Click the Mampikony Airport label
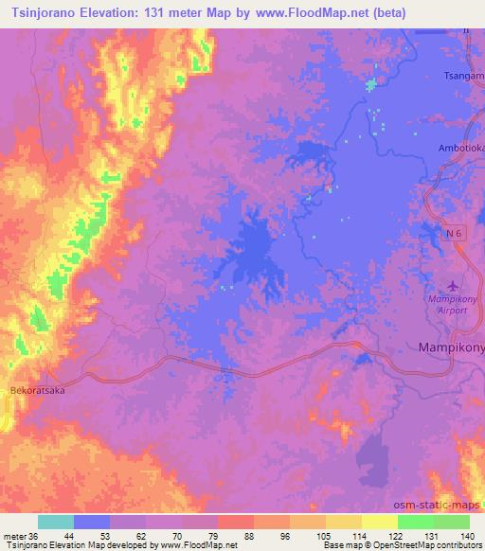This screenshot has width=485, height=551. click(450, 304)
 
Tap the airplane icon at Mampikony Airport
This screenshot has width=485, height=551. click(451, 285)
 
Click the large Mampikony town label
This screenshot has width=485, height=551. click(451, 347)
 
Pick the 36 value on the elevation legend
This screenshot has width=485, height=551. click(35, 535)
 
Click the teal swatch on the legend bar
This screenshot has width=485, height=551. click(56, 522)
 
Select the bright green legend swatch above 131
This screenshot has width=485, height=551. click(416, 522)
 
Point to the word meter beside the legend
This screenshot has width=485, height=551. click(15, 535)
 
